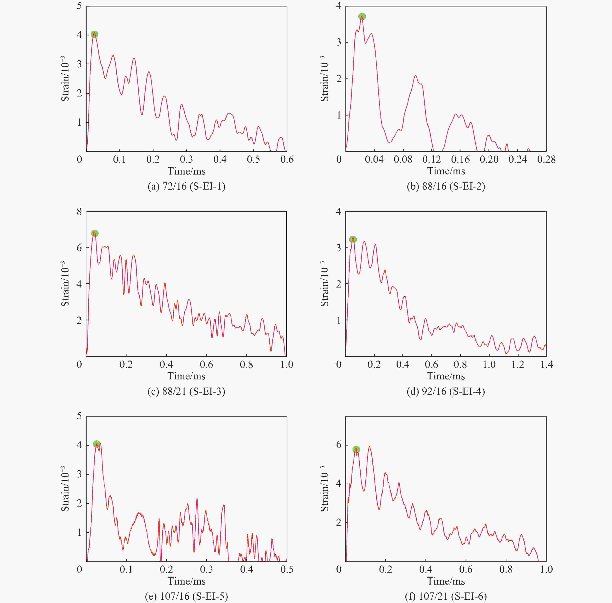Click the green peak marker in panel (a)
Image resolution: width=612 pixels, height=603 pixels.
point(94,34)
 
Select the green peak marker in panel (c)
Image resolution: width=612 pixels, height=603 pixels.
point(95,233)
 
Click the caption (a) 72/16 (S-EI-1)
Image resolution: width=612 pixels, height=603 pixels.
point(186,186)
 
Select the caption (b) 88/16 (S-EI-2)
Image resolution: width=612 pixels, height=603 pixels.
point(446,186)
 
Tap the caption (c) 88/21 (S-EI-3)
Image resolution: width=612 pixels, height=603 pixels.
point(186,391)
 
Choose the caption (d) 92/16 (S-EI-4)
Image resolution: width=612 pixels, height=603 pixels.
point(446,391)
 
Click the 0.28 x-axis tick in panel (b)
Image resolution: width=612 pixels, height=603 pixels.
point(546,159)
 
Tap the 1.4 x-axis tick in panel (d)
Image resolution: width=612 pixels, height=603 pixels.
point(546,365)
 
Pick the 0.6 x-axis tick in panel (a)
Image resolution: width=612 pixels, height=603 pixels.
point(287,159)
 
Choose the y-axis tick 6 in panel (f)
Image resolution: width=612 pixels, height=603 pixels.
point(339,445)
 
